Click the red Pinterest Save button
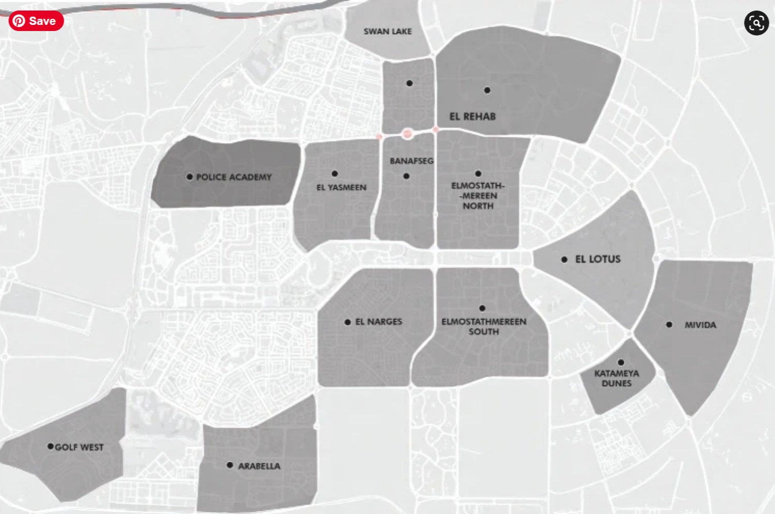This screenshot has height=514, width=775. pos(36,21)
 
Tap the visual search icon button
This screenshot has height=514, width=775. pos(756,23)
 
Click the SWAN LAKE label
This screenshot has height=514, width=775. pos(387,32)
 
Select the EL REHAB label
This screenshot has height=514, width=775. pos(472,116)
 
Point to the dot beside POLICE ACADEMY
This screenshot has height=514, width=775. pos(190,177)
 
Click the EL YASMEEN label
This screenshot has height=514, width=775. pos(341,188)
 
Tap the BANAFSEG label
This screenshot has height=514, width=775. pos(411,161)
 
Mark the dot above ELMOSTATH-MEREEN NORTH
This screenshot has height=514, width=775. pos(478,173)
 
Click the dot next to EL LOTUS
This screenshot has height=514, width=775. pos(564,259)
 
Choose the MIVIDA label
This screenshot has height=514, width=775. pos(700,325)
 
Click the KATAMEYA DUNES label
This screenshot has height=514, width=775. pos(616,378)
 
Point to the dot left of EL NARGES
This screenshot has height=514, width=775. pos(348,322)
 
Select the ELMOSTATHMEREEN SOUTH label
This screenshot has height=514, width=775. pos(484,326)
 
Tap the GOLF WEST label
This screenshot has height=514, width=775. pos(79,448)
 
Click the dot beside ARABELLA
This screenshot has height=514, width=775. pos(230,465)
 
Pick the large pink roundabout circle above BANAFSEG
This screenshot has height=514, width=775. pos(407,133)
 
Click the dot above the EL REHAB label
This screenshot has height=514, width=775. pos(487,90)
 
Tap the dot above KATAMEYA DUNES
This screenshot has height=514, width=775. pos(621,362)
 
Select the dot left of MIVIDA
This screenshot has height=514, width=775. pos(669,325)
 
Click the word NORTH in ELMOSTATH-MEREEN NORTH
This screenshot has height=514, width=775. pos(478,206)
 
